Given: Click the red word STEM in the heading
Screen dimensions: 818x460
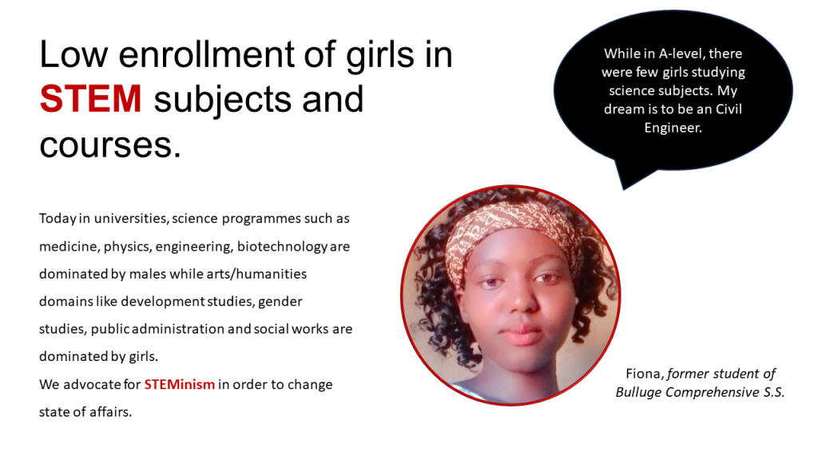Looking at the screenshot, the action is point(90,98).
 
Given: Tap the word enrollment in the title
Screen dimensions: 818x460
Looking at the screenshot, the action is point(207,54).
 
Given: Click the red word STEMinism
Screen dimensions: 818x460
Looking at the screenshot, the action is point(180,384).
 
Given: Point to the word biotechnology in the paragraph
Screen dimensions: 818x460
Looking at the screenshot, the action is point(282,247).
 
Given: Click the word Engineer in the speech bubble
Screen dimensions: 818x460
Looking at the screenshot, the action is point(673,128).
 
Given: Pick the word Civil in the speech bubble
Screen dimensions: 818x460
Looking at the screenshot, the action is point(729,109).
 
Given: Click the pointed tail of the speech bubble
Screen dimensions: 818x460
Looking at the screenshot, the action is point(624,188).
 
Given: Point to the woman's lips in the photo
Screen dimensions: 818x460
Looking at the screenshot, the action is point(523,334).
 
